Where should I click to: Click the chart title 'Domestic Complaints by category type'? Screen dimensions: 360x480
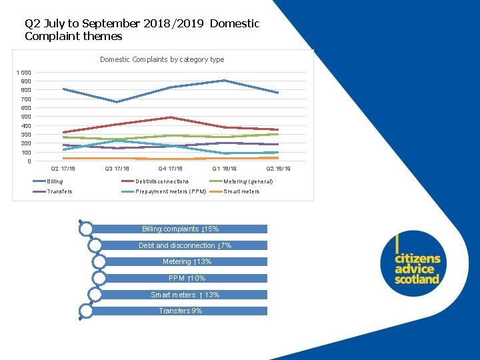point(162,59)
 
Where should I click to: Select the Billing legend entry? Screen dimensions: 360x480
point(55,181)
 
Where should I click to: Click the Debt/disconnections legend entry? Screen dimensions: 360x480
point(162,181)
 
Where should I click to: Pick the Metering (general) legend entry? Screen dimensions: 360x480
point(248,181)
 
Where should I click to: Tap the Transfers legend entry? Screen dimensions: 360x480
point(59,191)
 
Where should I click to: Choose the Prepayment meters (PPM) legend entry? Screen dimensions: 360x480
point(171,191)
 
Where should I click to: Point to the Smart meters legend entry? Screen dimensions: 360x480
point(241,191)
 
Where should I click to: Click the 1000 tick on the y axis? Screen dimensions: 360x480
point(24,73)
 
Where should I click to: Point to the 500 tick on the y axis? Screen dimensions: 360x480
point(25,117)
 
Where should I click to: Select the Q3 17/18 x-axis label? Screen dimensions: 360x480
point(117,169)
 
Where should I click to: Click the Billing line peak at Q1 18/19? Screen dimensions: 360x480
point(224,81)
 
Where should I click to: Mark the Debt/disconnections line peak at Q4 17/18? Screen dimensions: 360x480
point(171,117)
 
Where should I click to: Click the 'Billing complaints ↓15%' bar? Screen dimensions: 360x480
point(180,229)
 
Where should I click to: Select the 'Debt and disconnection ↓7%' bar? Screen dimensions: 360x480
point(185,245)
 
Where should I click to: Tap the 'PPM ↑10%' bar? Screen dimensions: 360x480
point(187,278)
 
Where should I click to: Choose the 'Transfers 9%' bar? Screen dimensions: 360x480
point(180,311)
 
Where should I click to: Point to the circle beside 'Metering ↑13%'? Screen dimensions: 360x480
point(99,261)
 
